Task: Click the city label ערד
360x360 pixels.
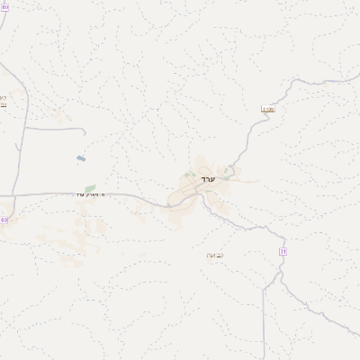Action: point(206,180)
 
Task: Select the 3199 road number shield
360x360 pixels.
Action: point(266,109)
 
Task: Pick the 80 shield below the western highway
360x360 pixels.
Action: point(4,220)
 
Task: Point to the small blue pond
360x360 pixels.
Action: point(81,158)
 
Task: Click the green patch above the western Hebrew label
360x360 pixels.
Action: point(90,188)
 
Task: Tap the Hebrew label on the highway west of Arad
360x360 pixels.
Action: point(92,195)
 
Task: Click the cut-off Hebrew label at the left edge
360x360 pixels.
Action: point(3,100)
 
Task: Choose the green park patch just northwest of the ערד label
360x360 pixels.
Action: point(189,175)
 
